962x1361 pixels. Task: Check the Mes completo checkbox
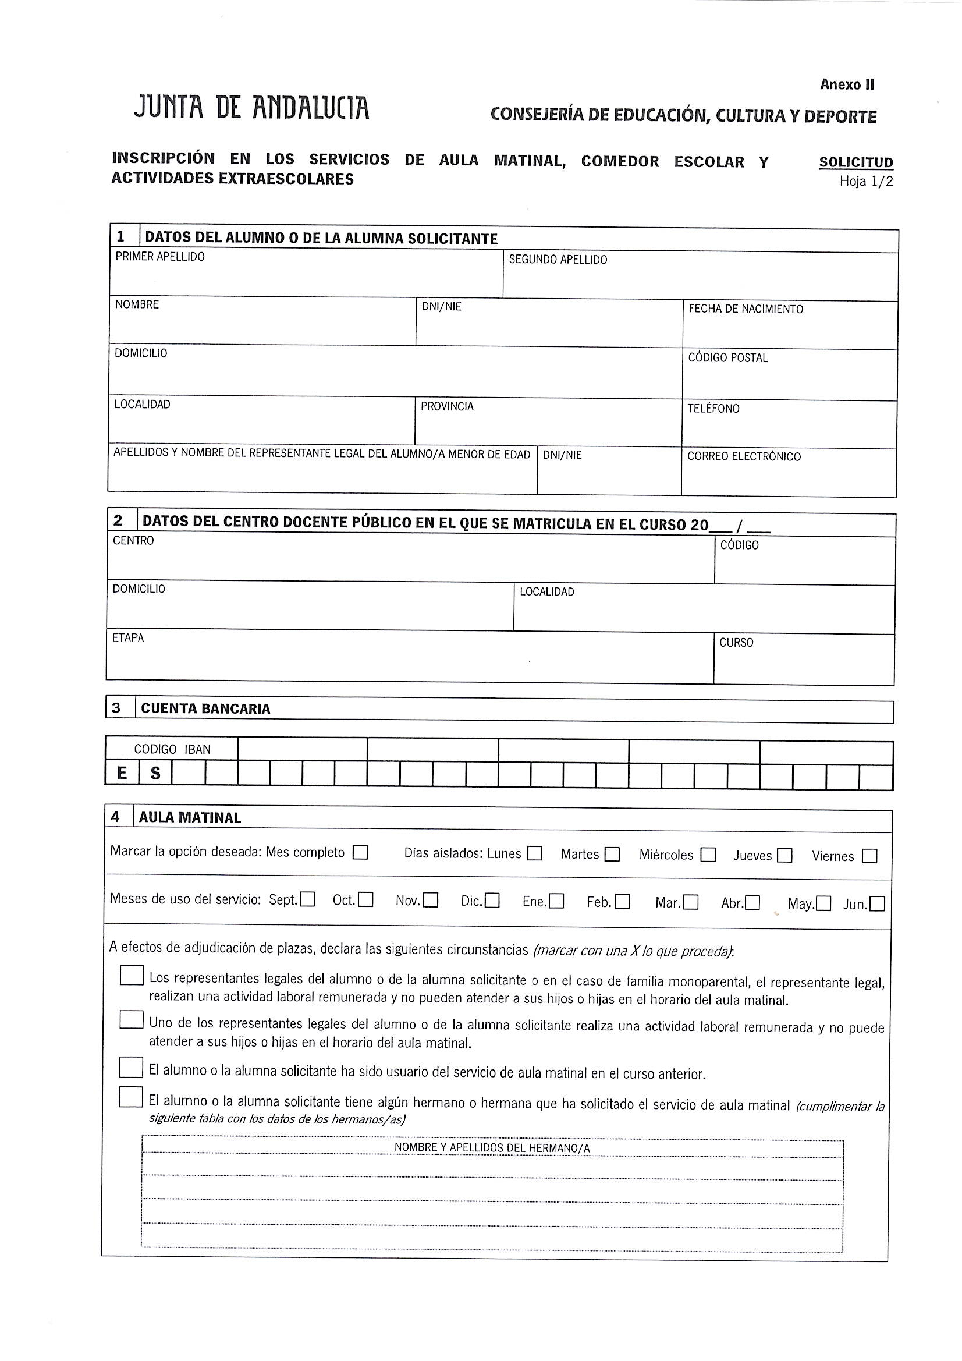pos(360,852)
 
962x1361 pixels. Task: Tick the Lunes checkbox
pos(535,853)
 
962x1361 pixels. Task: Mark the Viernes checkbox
pos(869,856)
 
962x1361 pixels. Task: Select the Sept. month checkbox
pos(307,900)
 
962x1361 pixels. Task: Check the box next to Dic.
pos(492,901)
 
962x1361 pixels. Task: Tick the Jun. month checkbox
pos(877,904)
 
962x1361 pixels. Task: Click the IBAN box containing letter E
pos(122,773)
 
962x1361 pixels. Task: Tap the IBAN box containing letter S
pos(155,773)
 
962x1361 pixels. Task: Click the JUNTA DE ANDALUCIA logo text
pos(251,108)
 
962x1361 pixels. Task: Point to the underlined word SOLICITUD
pos(856,162)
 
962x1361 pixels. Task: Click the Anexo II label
pos(847,85)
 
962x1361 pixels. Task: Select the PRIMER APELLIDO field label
pos(160,257)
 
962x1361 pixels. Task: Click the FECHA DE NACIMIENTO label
pos(746,309)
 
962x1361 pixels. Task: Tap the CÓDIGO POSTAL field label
pos(728,358)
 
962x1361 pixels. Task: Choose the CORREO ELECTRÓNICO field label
pos(744,456)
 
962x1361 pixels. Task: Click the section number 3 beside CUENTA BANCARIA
pos(116,708)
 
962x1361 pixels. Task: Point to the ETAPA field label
pos(128,638)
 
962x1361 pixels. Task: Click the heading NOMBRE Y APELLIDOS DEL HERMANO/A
pos(492,1148)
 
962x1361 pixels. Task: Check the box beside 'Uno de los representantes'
pos(131,1019)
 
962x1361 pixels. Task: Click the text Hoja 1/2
pos(865,182)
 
